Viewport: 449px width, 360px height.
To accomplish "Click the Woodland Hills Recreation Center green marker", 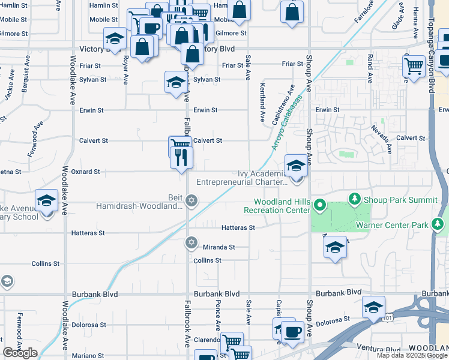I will coord(320,207).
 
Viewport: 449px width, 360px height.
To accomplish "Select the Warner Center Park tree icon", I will coord(438,225).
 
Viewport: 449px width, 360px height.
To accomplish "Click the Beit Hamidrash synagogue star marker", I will coord(191,200).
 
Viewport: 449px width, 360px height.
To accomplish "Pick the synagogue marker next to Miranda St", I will coord(191,242).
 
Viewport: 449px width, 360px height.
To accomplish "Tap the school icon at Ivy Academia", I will coord(296,166).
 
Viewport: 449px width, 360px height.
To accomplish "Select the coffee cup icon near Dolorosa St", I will coord(292,332).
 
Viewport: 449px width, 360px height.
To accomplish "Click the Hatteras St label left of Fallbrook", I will coord(88,233).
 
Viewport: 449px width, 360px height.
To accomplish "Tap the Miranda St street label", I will coord(218,247).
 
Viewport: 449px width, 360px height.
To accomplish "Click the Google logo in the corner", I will coord(20,353).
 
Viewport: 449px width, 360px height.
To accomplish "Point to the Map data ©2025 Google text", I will coord(412,355).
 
